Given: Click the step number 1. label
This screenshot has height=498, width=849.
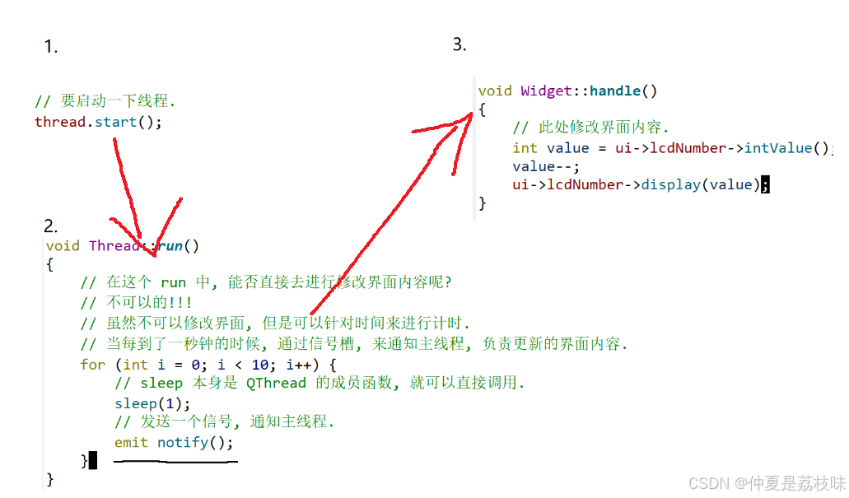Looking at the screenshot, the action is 50,48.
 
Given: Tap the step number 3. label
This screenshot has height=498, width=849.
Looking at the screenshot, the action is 459,44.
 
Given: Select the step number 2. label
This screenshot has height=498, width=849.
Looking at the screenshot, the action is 50,226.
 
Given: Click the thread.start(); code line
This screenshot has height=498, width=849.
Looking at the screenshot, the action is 98,123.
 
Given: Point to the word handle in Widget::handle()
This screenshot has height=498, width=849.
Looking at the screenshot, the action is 615,91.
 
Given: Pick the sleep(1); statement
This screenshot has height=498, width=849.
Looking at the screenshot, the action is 152,403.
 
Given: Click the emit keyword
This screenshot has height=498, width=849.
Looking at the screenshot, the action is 132,442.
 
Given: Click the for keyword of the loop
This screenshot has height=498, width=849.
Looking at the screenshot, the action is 93,364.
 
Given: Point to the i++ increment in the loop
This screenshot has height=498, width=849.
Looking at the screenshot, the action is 299,364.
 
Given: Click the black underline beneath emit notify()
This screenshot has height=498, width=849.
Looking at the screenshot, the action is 175,461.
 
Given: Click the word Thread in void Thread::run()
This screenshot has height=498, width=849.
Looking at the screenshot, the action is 114,245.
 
